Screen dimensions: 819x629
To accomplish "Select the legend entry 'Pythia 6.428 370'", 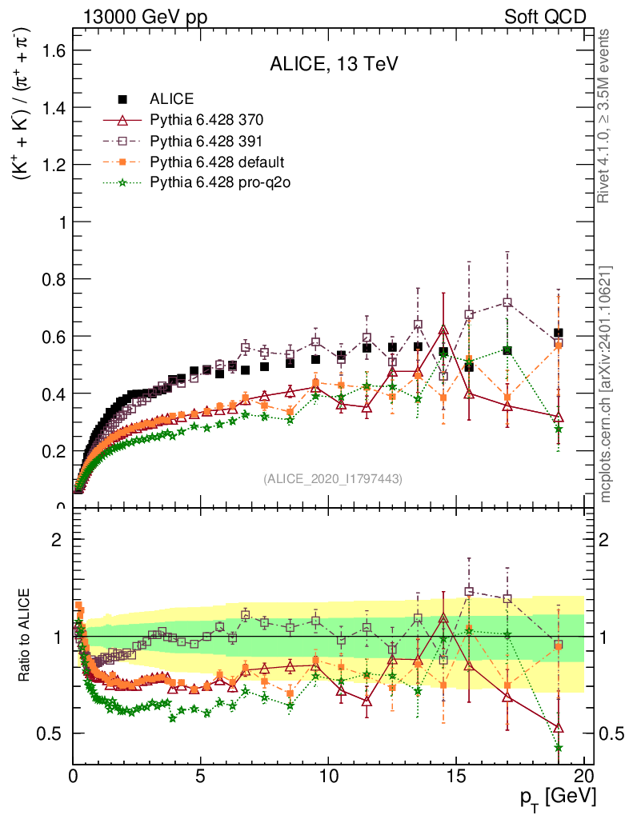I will (206, 121).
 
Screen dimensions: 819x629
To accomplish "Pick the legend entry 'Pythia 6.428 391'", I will (206, 142).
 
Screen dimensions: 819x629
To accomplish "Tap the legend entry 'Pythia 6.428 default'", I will (217, 162).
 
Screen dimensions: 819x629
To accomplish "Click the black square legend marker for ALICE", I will (122, 100).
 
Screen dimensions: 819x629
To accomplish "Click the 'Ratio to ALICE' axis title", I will (26, 635).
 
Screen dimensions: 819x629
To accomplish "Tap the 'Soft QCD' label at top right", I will (545, 17).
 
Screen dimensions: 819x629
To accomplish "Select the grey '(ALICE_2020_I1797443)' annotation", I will (333, 479).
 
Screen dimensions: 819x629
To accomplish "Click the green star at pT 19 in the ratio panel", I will (558, 748).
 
